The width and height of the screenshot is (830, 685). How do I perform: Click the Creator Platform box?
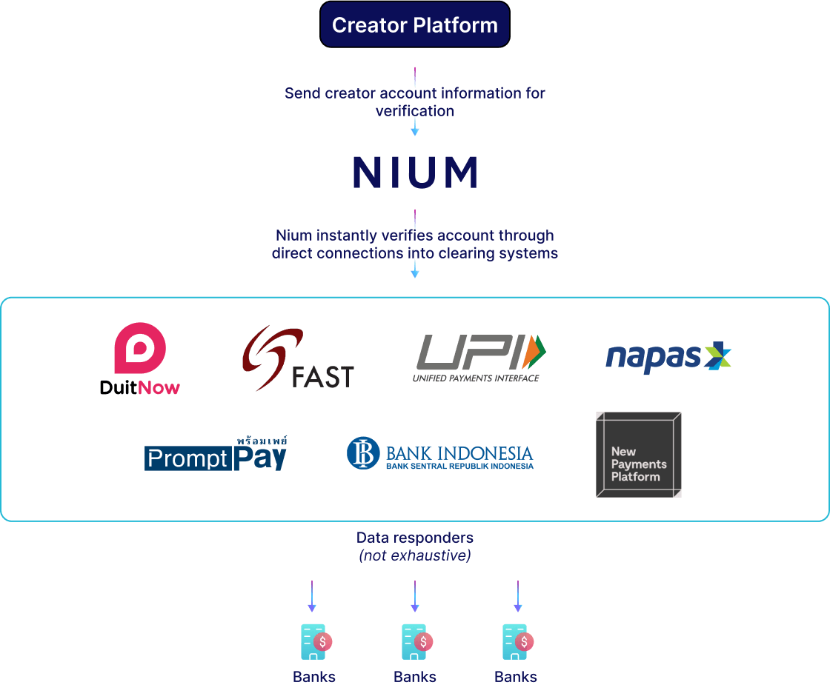pos(415,25)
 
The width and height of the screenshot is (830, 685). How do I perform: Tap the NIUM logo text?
pos(415,173)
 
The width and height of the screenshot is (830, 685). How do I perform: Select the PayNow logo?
pos(140,358)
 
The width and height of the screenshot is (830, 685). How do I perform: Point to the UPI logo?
pos(480,357)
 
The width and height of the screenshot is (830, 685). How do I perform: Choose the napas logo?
pos(668,357)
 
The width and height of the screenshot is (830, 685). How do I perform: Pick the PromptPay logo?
pos(216,454)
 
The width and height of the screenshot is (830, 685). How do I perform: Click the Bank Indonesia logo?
pos(440,453)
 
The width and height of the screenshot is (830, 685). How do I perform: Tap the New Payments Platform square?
pos(638,455)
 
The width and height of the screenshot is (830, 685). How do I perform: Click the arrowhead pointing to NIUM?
pos(415,132)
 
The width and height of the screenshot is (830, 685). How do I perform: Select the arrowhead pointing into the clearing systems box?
pos(415,273)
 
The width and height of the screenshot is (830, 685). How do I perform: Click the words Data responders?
pos(415,538)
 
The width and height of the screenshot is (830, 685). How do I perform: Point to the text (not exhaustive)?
pos(415,555)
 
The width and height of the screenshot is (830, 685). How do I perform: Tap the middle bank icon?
pos(416,641)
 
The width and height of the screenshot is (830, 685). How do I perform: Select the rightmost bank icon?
pos(517,641)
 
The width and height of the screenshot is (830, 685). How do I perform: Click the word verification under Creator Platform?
pos(415,111)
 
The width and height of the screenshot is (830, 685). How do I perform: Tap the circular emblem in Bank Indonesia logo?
pos(363,453)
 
